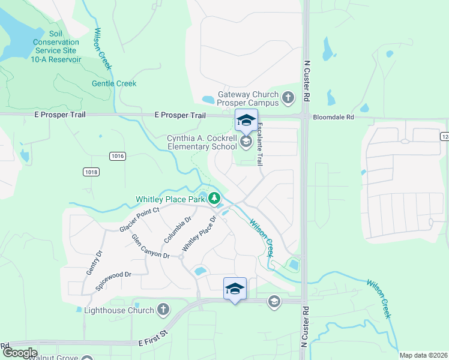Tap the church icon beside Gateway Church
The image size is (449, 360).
point(288,97)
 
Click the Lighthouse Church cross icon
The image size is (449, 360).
point(162,310)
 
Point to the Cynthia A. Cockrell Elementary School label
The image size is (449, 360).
point(202,142)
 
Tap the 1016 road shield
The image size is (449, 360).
point(118,156)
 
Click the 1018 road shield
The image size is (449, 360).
point(91,172)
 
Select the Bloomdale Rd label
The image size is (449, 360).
point(333,118)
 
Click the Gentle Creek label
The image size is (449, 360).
point(114,84)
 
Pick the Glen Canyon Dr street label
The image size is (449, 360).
point(151,247)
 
